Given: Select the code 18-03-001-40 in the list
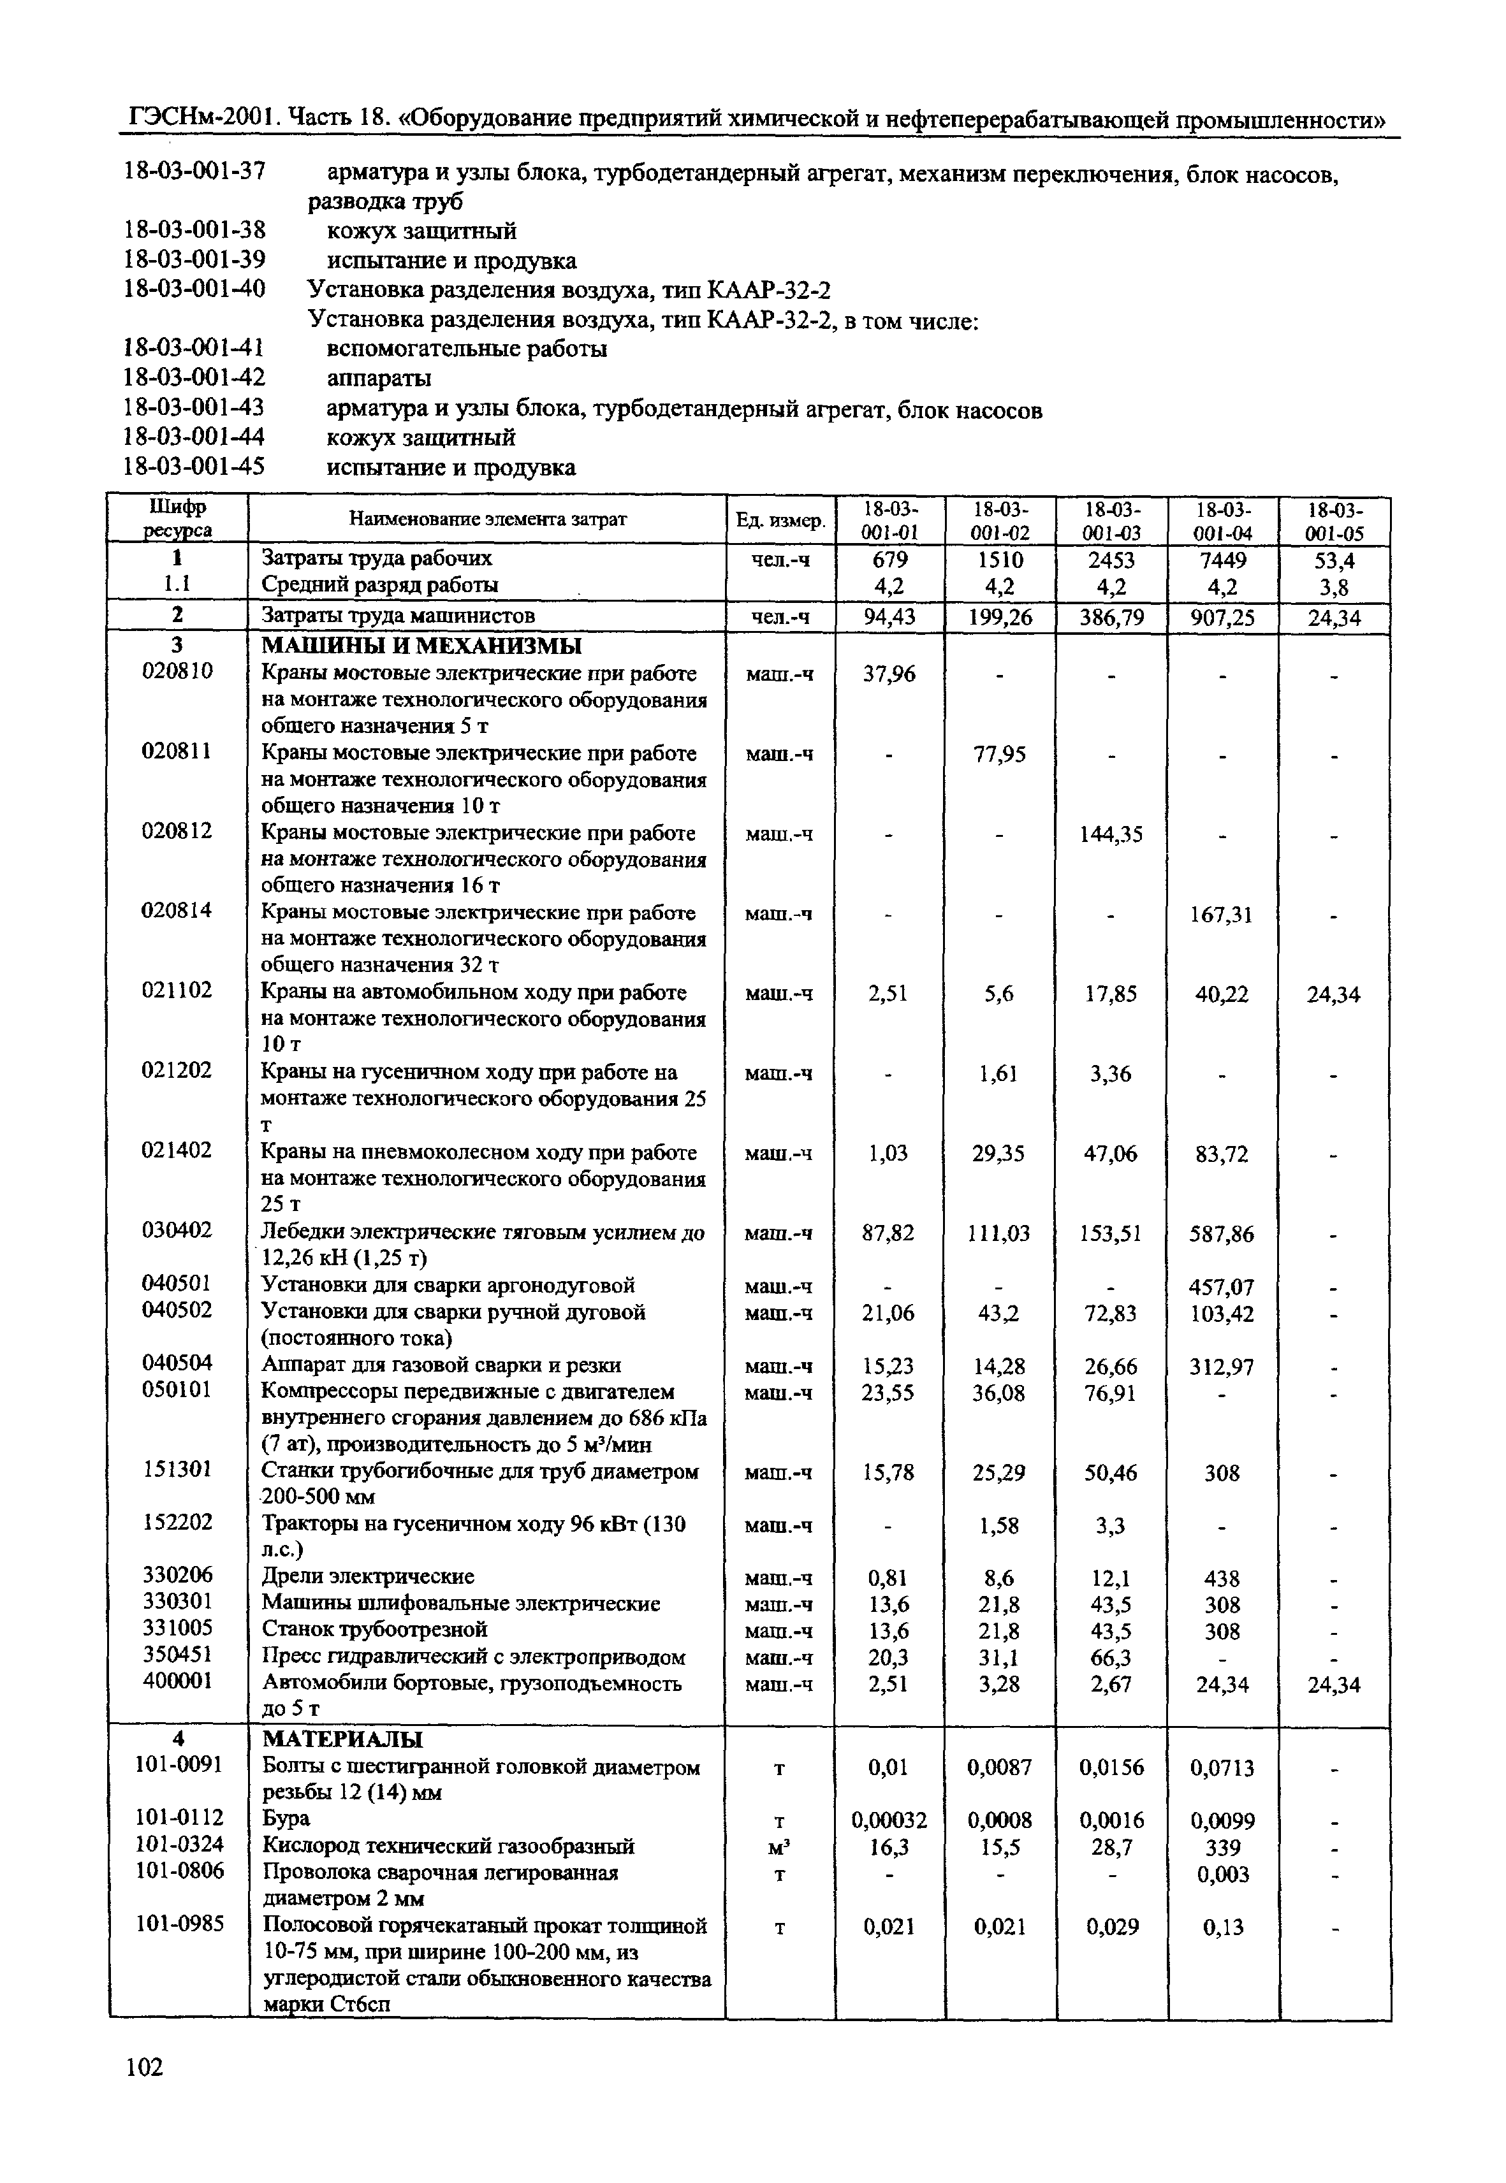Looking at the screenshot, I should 195,289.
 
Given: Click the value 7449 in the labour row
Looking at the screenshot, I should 1222,560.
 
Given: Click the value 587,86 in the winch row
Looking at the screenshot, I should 1223,1234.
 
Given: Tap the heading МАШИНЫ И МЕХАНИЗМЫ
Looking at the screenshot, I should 421,646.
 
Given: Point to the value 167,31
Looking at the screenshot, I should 1223,914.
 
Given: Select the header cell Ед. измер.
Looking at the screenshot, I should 779,520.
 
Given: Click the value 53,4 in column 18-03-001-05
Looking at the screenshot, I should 1334,560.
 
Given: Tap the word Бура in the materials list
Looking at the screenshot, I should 286,1818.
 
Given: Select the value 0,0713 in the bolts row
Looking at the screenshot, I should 1223,1768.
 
